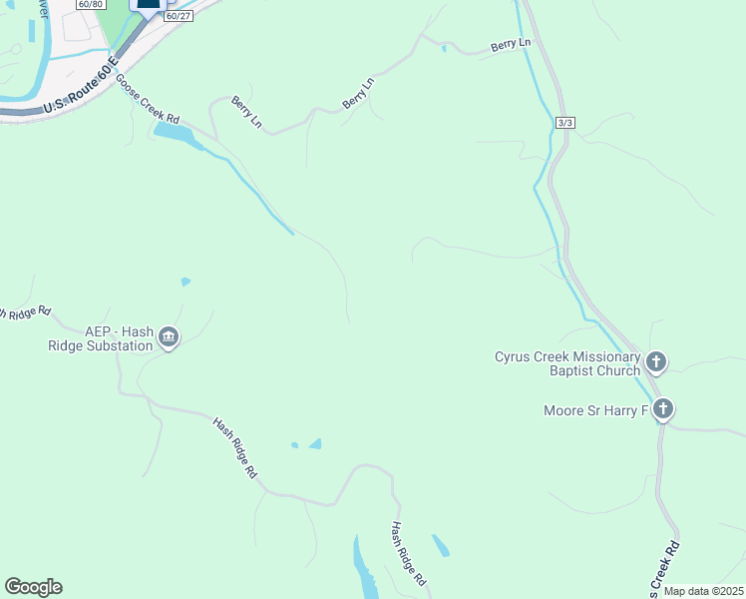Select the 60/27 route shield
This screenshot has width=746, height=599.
177,16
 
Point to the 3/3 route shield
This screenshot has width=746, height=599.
565,122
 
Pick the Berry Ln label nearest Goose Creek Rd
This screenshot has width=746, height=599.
247,112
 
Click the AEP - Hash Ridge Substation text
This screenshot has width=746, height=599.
117,339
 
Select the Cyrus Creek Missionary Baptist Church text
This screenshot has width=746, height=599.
567,364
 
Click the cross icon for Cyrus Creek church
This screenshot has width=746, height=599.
656,360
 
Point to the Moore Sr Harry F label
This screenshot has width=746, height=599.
596,410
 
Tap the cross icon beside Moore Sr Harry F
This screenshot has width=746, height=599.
664,408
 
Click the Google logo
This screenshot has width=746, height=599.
33,587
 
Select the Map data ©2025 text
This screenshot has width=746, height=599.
703,591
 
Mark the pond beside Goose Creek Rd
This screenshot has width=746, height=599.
178,134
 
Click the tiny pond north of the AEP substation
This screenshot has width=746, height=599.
186,282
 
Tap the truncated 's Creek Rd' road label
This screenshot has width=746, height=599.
664,567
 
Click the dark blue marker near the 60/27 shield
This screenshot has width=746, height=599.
147,3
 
